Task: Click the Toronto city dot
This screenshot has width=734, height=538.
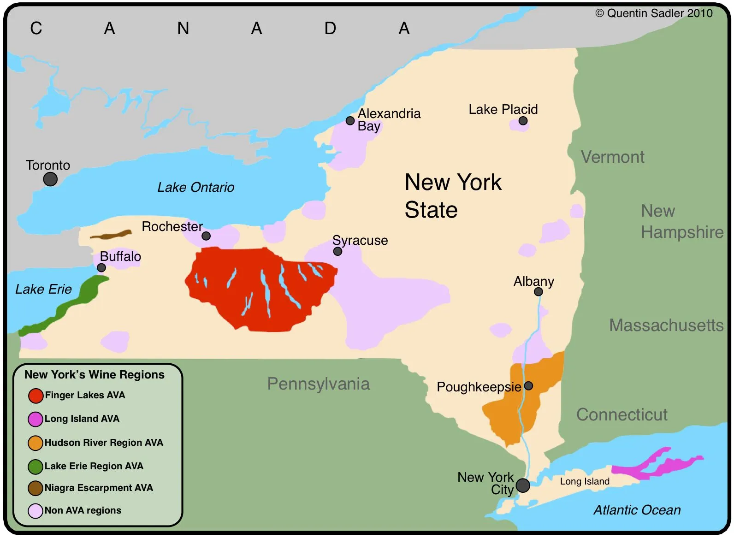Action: pyautogui.click(x=50, y=179)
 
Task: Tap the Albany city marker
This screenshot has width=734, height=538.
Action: pyautogui.click(x=538, y=291)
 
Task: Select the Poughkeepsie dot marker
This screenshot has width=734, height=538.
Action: pyautogui.click(x=528, y=386)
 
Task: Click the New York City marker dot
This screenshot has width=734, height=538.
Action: pyautogui.click(x=523, y=485)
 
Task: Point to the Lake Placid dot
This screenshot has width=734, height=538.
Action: pyautogui.click(x=523, y=121)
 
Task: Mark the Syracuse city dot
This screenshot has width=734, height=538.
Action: pyautogui.click(x=337, y=251)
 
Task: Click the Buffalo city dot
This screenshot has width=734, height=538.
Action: pyautogui.click(x=101, y=268)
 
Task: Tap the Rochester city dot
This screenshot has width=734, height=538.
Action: pyautogui.click(x=206, y=236)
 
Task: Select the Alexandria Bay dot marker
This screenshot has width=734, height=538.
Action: pyautogui.click(x=350, y=121)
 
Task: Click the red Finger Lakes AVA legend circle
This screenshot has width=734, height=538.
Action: pyautogui.click(x=36, y=396)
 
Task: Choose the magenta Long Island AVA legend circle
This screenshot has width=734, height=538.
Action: pyautogui.click(x=36, y=419)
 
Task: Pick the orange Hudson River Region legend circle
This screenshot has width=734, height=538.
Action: pyautogui.click(x=36, y=443)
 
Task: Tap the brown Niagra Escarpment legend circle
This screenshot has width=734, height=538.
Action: pyautogui.click(x=36, y=488)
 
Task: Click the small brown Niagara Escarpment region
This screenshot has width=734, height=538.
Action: pyautogui.click(x=111, y=235)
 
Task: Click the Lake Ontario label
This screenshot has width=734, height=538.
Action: pyautogui.click(x=195, y=187)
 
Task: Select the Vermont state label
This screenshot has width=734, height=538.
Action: pyautogui.click(x=612, y=157)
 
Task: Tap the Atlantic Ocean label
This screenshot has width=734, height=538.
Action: pyautogui.click(x=637, y=510)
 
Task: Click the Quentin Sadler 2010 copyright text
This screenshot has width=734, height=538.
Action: pyautogui.click(x=654, y=13)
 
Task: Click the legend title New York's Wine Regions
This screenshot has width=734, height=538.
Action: pyautogui.click(x=95, y=374)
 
